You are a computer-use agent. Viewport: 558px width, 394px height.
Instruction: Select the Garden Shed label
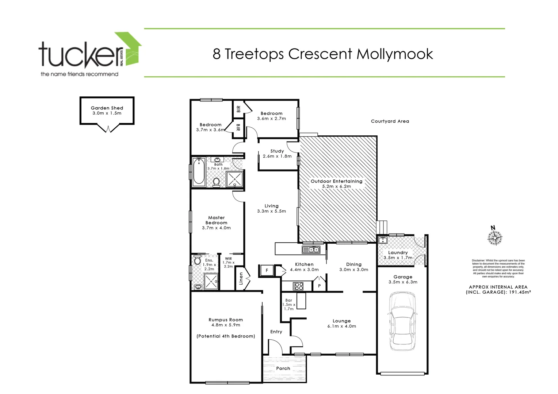[107, 108]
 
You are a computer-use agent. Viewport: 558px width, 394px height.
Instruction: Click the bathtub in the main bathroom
[199, 171]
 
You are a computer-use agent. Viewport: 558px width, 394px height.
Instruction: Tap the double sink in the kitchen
[311, 250]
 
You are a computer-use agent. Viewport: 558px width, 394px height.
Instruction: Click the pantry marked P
[319, 286]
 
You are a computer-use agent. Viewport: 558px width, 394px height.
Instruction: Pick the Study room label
[277, 151]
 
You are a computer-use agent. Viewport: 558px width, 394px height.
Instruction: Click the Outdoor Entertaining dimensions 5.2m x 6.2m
[336, 186]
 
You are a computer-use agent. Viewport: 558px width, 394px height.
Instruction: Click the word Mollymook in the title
[394, 54]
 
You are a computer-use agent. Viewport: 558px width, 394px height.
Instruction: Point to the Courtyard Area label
[390, 121]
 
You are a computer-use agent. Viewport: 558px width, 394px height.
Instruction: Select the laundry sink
[383, 240]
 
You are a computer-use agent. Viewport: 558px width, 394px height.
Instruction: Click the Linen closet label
[241, 279]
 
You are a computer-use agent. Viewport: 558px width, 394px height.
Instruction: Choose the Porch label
[283, 368]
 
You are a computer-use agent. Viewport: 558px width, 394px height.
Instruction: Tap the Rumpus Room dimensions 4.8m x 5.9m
[225, 325]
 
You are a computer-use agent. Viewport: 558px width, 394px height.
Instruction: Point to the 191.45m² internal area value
[518, 292]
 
